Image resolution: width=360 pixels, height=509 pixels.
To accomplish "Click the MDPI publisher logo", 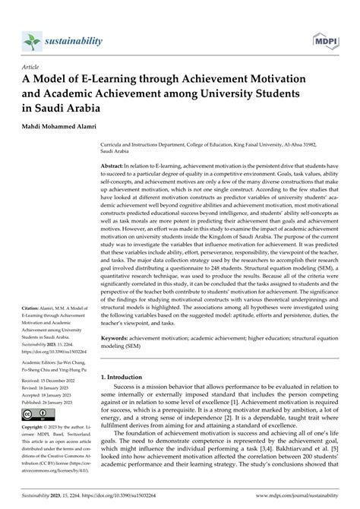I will click(x=324, y=40).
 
